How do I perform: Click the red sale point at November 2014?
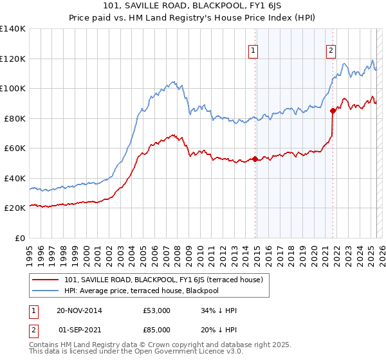[x=255, y=159]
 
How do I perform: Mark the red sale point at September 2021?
[x=333, y=111]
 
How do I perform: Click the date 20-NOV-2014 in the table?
[x=79, y=310]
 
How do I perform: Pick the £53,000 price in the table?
[x=157, y=310]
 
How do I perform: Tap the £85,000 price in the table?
[x=157, y=331]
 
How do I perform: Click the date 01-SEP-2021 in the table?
[x=80, y=331]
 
